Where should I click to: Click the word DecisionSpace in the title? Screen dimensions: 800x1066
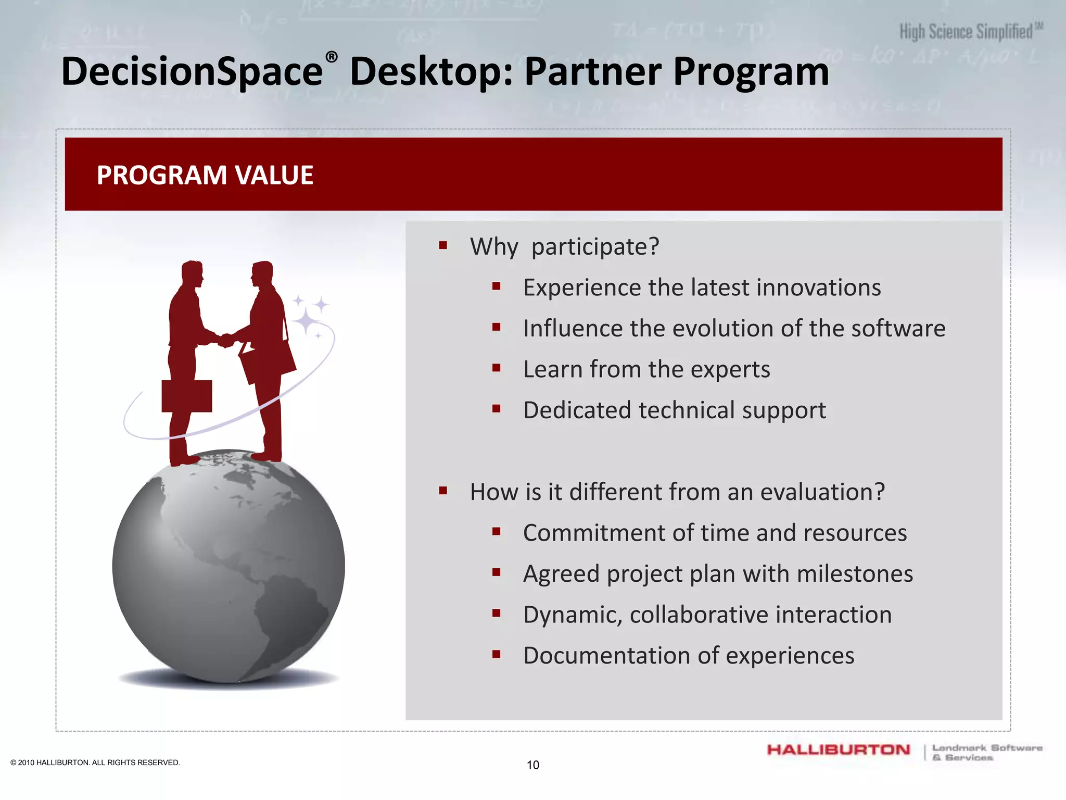pyautogui.click(x=192, y=72)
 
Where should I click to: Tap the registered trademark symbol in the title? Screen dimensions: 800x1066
pyautogui.click(x=332, y=57)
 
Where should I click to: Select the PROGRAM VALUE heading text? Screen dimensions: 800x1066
pyautogui.click(x=205, y=175)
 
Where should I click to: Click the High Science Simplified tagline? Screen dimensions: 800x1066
pyautogui.click(x=967, y=32)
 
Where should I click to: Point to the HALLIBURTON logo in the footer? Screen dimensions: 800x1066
pyautogui.click(x=838, y=750)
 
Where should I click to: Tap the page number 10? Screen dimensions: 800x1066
pyautogui.click(x=532, y=765)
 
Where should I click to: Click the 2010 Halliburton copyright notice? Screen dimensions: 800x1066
pyautogui.click(x=95, y=762)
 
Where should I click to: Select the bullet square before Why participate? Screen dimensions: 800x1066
pyautogui.click(x=443, y=245)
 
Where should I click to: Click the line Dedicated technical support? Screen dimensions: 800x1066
pyautogui.click(x=674, y=410)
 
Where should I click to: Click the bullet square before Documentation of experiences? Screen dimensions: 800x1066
pyautogui.click(x=496, y=655)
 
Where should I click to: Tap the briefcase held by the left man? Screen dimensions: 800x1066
pyautogui.click(x=186, y=396)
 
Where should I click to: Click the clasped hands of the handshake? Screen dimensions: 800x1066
pyautogui.click(x=226, y=341)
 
